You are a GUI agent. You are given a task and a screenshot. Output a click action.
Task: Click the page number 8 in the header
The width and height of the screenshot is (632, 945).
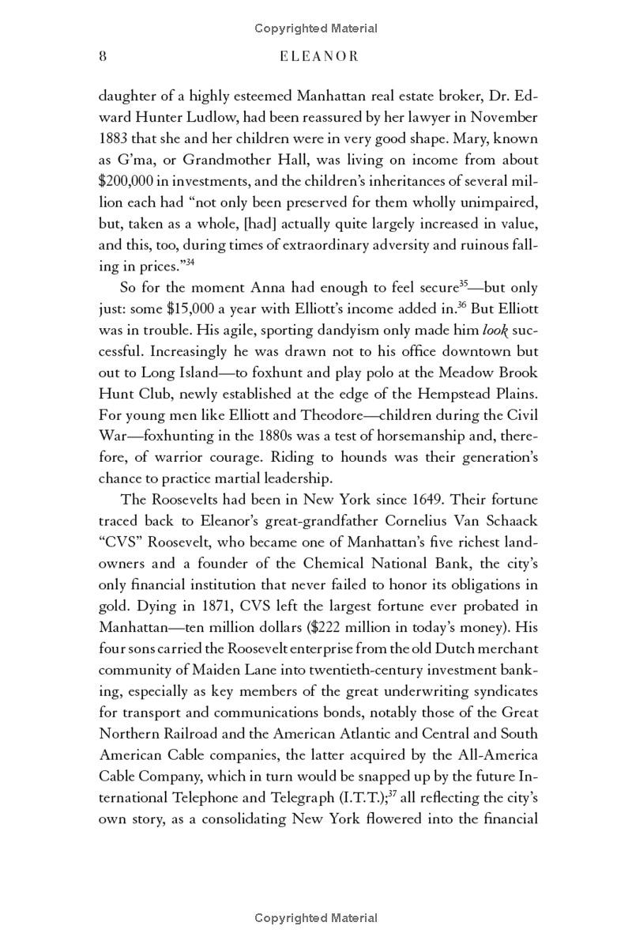click(x=103, y=56)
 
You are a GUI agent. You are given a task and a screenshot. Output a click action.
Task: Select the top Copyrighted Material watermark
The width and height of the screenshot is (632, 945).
click(x=316, y=28)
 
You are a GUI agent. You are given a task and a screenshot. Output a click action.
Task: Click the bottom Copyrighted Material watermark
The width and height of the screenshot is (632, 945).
click(x=316, y=918)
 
